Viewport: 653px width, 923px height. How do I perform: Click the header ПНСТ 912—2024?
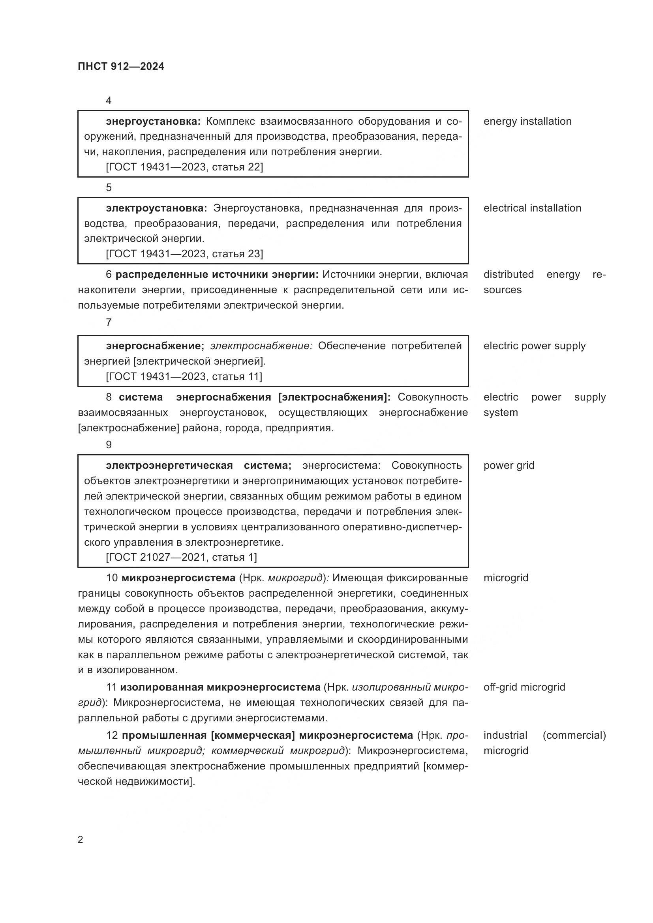coord(121,67)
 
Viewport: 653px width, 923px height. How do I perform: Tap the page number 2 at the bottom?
coord(81,839)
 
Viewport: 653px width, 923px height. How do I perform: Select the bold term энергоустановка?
coord(153,122)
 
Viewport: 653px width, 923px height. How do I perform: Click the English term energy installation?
coord(527,122)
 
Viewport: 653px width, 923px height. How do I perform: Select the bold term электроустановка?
coord(156,208)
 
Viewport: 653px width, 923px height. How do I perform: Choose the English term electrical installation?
coord(532,208)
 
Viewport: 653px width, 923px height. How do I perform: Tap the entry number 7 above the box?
coord(109,322)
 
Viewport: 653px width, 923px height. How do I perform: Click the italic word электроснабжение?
coord(261,346)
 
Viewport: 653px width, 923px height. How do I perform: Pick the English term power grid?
coord(509,466)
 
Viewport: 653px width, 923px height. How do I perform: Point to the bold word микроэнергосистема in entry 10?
coord(178,578)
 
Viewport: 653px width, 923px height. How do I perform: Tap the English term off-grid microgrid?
coord(524,687)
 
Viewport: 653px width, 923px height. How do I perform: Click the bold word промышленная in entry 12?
coord(164,736)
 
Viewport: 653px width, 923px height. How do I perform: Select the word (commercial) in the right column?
coord(574,736)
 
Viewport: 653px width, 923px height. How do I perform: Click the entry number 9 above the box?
coord(109,445)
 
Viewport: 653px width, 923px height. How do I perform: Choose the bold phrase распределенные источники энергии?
coord(217,275)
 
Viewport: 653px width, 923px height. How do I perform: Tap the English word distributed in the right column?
coord(508,275)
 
